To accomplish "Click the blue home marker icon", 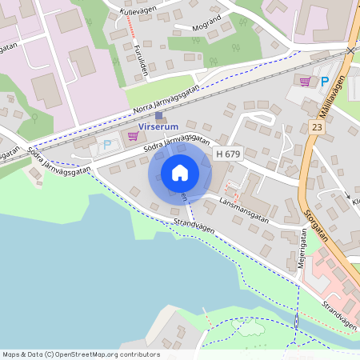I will point(179,173).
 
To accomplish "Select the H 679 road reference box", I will point(228,153).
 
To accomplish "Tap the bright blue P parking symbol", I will point(325,81).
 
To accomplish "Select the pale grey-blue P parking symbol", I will point(107,145).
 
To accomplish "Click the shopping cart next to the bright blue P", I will point(305,81).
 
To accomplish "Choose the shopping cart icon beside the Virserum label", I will point(133,136).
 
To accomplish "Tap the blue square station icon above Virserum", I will point(158,116).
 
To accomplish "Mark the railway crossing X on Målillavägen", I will point(351,50).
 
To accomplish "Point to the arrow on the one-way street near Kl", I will point(346,194).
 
